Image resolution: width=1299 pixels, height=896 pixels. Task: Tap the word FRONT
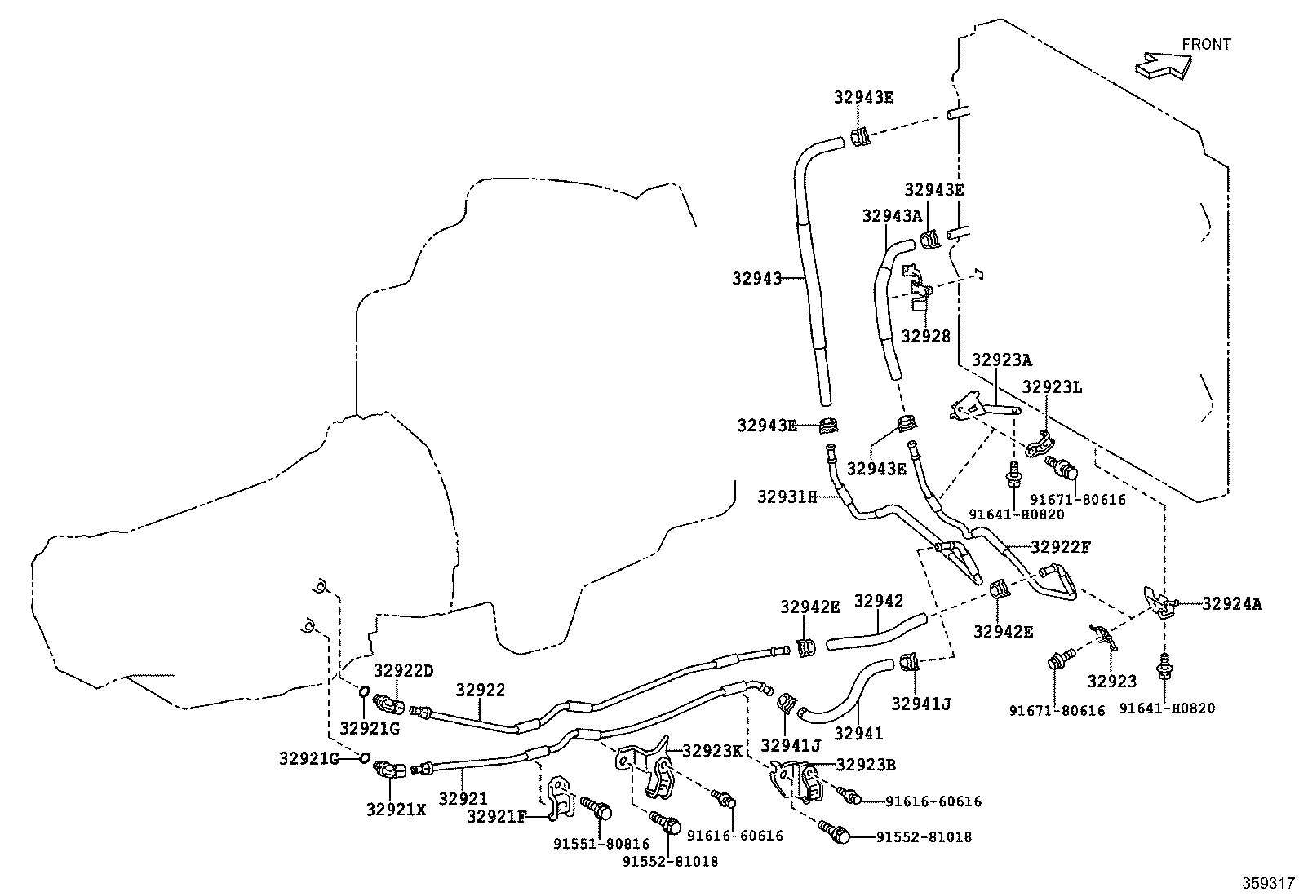coord(1206,45)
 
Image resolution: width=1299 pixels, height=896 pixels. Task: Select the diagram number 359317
coord(1268,883)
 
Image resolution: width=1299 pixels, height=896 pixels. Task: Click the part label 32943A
coord(892,216)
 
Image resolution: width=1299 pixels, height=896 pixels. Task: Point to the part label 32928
coord(926,336)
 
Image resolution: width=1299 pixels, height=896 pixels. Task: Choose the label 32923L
coord(1052,386)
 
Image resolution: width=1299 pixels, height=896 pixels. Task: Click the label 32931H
coord(787,497)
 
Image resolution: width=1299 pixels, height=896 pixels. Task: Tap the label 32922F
coord(1062,546)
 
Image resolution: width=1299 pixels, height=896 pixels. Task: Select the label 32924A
coord(1232,604)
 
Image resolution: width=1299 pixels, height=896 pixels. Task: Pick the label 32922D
coord(404,670)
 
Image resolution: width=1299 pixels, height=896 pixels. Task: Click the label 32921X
coord(396,810)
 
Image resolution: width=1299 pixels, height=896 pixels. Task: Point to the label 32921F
coord(497,817)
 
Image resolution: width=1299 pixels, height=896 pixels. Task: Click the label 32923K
coord(712,751)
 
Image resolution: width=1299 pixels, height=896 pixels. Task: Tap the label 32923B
coord(866,765)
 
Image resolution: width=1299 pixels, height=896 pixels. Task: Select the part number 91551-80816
coord(601,845)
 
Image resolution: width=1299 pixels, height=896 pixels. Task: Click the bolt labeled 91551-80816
coord(596,807)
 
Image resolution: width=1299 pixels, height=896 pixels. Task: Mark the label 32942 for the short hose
coord(879,601)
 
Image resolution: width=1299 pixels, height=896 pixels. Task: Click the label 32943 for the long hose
coord(756,279)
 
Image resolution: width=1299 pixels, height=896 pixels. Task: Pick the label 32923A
coord(1002,360)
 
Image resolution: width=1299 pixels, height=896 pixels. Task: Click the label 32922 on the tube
coord(480,690)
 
